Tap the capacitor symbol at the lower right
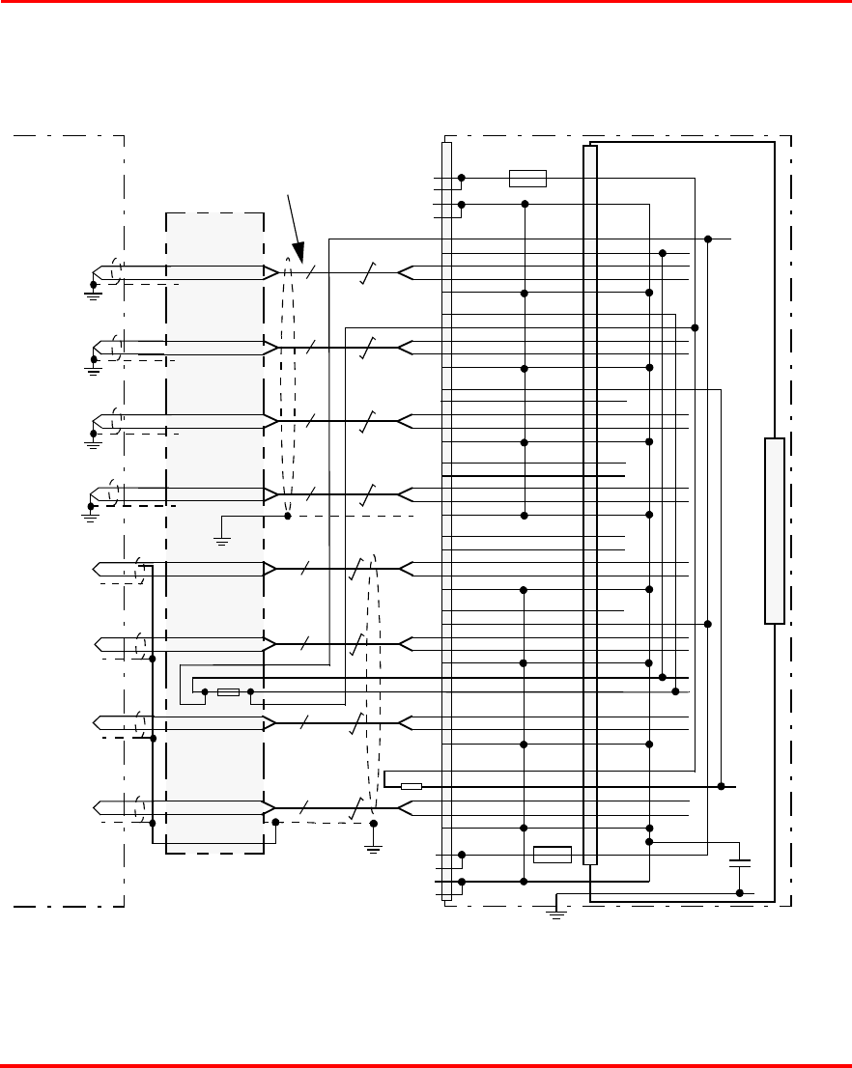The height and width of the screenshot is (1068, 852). (x=739, y=861)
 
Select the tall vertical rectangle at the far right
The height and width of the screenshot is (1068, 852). (x=774, y=530)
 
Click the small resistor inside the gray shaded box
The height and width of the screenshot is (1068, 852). (x=228, y=692)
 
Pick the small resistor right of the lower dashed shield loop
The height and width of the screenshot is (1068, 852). (x=412, y=786)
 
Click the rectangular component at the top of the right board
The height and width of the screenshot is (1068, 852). (x=527, y=178)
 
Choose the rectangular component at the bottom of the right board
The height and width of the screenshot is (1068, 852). (x=552, y=855)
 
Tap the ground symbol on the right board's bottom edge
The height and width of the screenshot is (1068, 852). (x=556, y=911)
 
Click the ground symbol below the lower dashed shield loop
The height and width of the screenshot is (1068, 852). (x=374, y=848)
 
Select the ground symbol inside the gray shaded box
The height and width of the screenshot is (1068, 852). (x=221, y=541)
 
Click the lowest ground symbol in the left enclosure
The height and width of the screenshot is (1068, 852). (x=88, y=515)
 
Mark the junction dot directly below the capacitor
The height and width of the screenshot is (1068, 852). (x=739, y=893)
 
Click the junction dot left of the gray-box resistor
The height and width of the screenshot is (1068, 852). (x=204, y=692)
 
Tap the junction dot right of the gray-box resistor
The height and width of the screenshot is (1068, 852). (x=251, y=692)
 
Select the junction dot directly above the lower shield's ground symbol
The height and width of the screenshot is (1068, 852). (x=374, y=823)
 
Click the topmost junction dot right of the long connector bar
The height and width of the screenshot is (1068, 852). (x=708, y=239)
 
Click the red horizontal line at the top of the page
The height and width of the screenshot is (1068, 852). (x=426, y=3)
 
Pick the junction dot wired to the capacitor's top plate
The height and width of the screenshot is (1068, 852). (x=649, y=842)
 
